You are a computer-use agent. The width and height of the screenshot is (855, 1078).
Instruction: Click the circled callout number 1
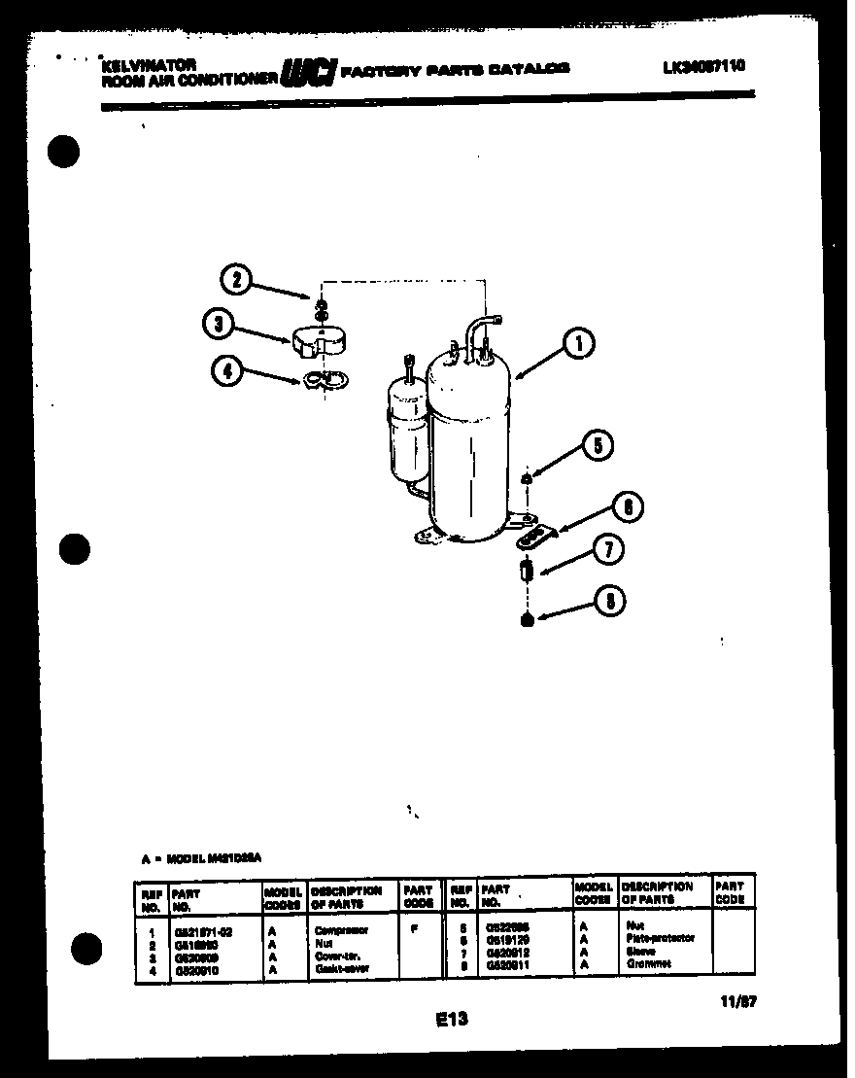577,343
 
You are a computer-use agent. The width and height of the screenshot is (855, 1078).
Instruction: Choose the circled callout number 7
608,551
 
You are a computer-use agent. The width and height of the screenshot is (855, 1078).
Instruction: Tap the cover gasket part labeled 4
324,381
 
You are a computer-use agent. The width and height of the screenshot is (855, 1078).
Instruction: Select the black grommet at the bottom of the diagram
527,619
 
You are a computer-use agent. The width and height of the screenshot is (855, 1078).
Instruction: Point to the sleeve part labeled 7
527,571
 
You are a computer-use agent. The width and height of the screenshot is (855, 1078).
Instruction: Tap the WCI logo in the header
308,73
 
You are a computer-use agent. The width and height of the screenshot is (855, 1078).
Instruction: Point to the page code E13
451,1019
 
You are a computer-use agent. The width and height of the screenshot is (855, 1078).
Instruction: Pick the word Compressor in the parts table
341,930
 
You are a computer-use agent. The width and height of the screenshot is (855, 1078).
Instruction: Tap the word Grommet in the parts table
649,964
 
